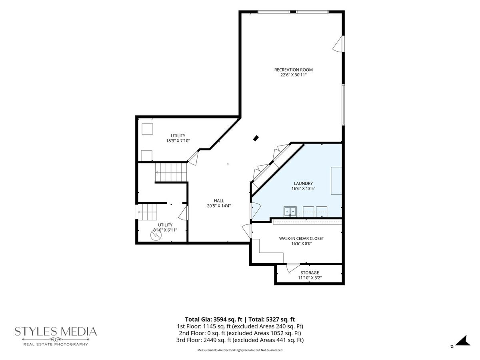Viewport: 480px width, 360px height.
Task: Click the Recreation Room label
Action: [x=293, y=70]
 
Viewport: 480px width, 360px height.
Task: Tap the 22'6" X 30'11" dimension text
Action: [x=293, y=75]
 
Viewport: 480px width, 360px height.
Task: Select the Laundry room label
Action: [x=303, y=183]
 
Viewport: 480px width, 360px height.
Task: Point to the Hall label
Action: [x=219, y=201]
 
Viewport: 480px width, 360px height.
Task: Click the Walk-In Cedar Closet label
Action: [x=301, y=238]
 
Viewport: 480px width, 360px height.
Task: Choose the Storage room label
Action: [x=310, y=273]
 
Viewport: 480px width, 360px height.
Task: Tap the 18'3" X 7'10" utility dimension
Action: [x=178, y=141]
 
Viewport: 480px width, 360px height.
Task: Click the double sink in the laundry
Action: [x=290, y=212]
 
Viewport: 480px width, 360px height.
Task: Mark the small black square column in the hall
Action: [x=256, y=138]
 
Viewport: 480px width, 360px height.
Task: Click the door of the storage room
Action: [x=292, y=268]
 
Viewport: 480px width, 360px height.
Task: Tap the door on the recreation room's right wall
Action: [x=339, y=44]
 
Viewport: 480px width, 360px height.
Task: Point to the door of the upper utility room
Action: [x=193, y=158]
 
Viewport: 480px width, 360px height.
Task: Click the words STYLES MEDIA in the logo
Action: [x=56, y=332]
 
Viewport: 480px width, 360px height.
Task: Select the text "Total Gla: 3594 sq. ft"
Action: [x=214, y=319]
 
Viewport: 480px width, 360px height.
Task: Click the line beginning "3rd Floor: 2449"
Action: [x=240, y=340]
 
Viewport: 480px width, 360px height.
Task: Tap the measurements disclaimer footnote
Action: [x=240, y=350]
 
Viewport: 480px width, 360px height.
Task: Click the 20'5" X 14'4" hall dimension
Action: [x=219, y=206]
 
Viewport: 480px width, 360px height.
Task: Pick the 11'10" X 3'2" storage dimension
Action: [x=310, y=278]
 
